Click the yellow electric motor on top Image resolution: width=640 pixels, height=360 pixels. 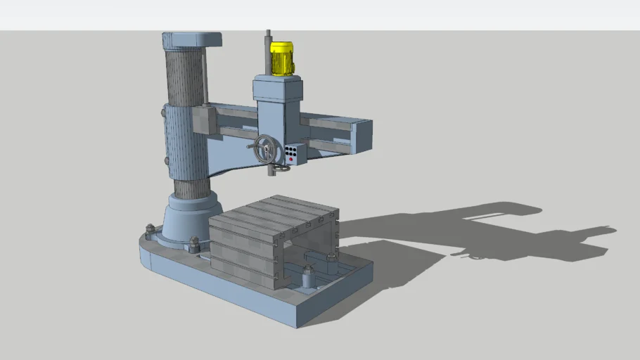pos(281,58)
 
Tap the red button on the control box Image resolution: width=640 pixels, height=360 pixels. pos(291,160)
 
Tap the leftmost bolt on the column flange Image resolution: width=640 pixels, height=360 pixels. pos(149,229)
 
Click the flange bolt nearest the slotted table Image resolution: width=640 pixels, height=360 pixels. pos(195,243)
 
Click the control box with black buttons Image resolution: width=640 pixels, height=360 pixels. pos(294,153)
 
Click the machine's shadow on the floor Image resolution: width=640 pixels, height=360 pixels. pos(492,232)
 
